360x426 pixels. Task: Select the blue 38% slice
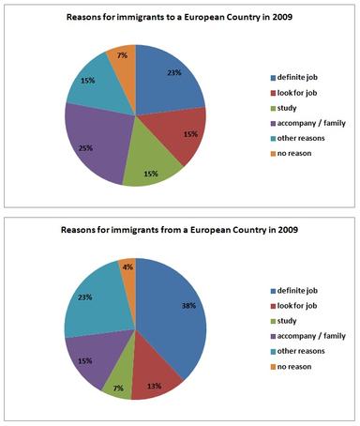point(173,319)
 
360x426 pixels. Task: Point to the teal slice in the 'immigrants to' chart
point(89,84)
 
